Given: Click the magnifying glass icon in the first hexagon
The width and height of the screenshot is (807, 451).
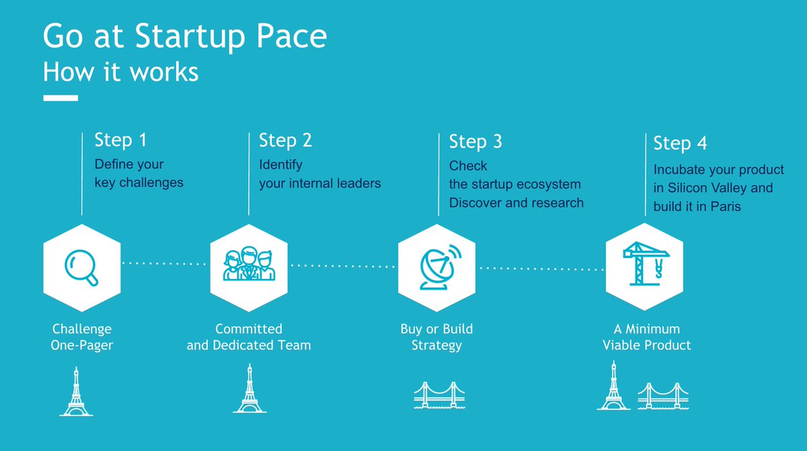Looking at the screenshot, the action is pos(81,268).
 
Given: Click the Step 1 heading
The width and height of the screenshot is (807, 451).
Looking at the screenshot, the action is pos(120,140).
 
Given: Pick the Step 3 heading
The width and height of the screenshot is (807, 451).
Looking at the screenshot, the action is pos(475,142).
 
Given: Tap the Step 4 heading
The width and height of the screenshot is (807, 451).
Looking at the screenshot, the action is pos(680,143).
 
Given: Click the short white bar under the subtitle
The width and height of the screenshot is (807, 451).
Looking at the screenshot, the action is pos(61,98).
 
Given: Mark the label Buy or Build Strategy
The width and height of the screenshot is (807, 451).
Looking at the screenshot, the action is pos(436,337).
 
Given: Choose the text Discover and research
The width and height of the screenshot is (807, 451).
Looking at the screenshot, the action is pos(516,202).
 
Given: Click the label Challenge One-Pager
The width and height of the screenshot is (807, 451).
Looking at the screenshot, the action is pos(81,337).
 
